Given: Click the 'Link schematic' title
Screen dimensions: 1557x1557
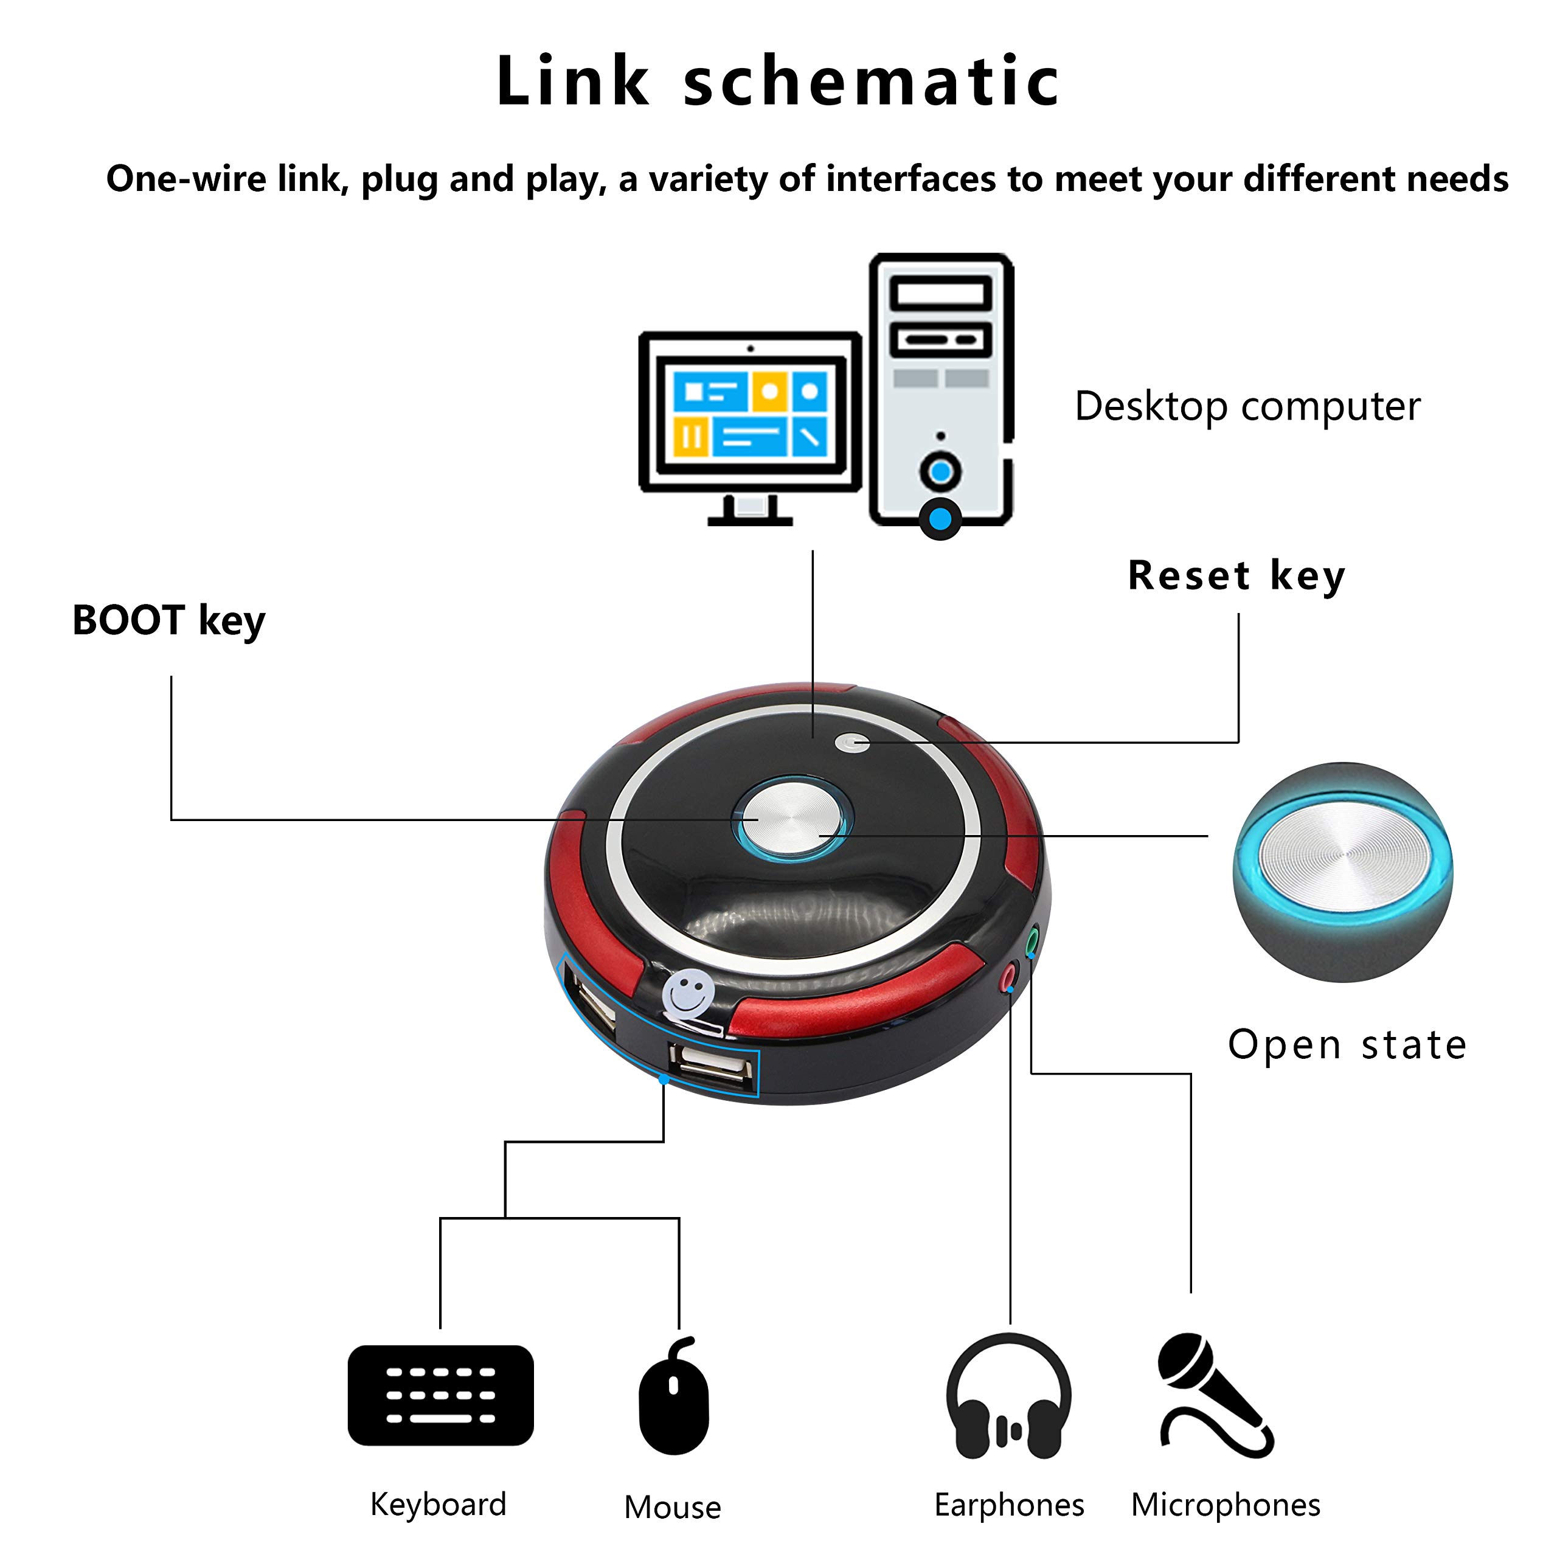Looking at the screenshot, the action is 778,81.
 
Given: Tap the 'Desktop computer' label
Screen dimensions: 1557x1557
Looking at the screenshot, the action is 1247,407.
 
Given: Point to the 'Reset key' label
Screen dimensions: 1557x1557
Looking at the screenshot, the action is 1236,576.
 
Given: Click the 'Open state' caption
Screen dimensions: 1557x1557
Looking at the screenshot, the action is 1347,1046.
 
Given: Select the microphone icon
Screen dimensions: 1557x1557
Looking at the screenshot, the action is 1215,1396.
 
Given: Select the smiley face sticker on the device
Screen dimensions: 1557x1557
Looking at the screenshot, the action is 687,993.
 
